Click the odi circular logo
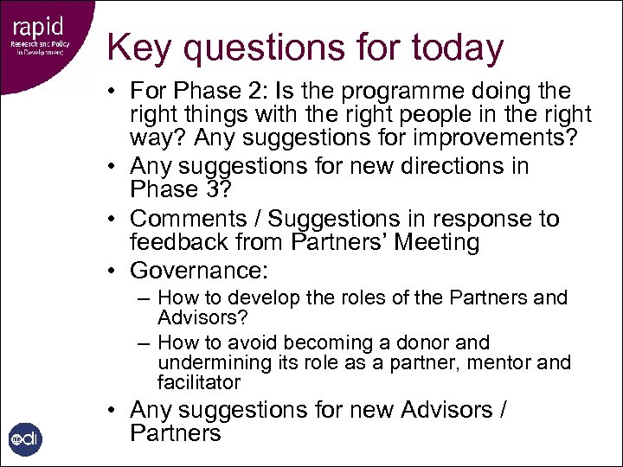point(24,439)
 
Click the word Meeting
point(436,243)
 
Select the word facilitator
point(199,382)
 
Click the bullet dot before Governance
point(114,272)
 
